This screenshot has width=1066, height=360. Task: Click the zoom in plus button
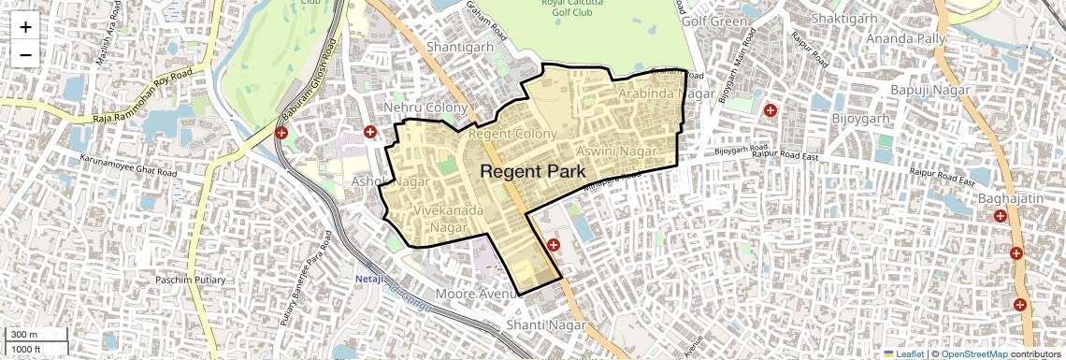tap(25, 26)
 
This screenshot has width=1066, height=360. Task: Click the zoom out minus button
tap(25, 54)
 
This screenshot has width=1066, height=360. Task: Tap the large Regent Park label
tap(533, 171)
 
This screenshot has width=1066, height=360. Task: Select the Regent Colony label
tap(511, 134)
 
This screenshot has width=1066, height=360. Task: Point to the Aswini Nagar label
tap(613, 151)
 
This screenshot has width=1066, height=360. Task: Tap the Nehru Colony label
tap(425, 108)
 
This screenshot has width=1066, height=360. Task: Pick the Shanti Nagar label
tap(545, 325)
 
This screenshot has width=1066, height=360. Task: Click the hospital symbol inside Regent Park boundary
tap(554, 245)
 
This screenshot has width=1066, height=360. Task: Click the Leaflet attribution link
tap(904, 354)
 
